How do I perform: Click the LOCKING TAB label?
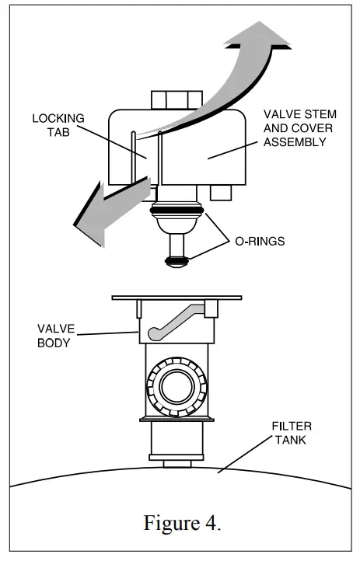[58, 126]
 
